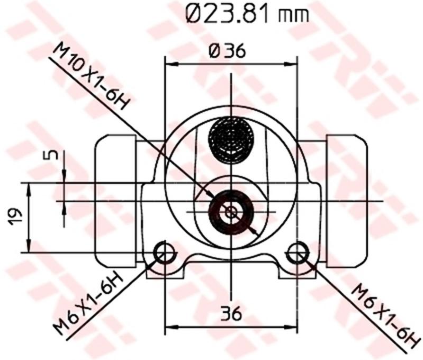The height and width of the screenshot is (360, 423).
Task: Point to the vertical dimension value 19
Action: tap(15, 217)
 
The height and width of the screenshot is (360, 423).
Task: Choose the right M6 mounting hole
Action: tap(298, 252)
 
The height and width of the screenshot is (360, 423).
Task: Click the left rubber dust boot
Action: tap(115, 201)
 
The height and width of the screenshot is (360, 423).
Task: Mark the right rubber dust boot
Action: tap(346, 201)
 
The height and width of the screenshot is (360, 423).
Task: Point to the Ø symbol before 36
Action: tap(214, 51)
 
